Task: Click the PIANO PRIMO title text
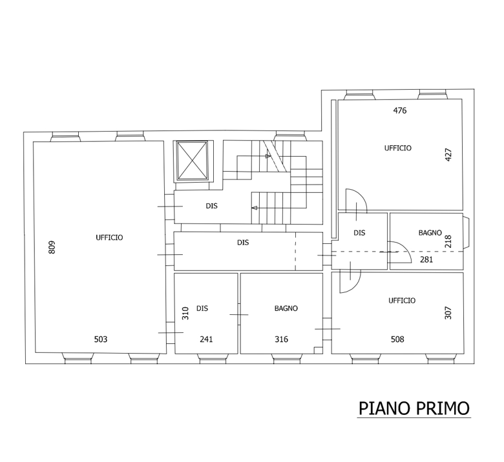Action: (414, 408)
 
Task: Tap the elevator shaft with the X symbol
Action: (193, 161)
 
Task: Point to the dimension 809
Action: (52, 247)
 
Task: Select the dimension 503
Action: (101, 339)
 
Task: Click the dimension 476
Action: (400, 110)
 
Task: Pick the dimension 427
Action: (448, 154)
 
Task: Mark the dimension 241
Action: (206, 339)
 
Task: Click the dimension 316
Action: (281, 339)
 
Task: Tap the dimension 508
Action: (397, 339)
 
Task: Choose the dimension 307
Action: (448, 313)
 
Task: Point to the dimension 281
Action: (426, 259)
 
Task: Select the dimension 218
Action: (448, 241)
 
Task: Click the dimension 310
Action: (185, 314)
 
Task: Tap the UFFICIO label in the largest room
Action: (109, 237)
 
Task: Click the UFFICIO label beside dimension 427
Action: (398, 148)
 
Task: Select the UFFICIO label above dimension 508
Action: (402, 301)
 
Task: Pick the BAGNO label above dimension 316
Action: (286, 308)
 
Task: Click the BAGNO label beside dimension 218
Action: (430, 233)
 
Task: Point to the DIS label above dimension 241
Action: (202, 308)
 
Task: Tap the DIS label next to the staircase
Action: (212, 206)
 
